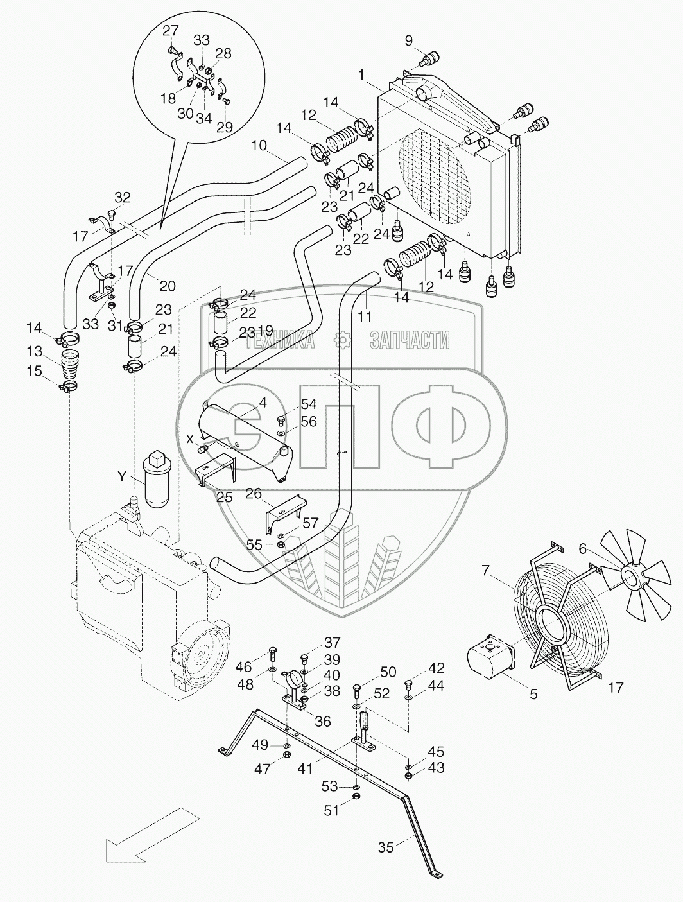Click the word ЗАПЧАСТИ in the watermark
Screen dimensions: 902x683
pos(410,340)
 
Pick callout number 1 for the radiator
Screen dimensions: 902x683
pos(363,75)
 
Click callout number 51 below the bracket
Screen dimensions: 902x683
pos(331,811)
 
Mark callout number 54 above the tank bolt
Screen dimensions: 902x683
pos(309,404)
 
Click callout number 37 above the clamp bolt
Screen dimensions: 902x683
pos(333,643)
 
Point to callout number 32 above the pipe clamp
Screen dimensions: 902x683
pos(123,196)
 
